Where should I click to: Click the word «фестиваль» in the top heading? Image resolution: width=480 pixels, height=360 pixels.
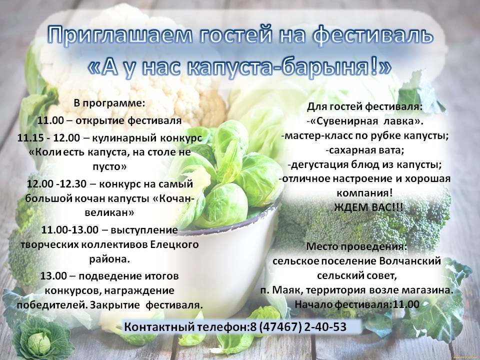point(373,35)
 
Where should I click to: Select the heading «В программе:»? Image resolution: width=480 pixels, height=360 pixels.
point(109,103)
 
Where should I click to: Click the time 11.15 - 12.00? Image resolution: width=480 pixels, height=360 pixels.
point(48,138)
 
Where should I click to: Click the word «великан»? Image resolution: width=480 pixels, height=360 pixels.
point(109,213)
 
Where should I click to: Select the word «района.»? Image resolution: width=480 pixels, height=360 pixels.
point(109,259)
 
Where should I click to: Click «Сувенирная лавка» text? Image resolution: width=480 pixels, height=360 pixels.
point(365,121)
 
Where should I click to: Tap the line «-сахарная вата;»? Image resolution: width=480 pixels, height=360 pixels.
point(365,150)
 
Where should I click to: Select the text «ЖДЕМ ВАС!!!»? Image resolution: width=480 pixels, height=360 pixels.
point(368,207)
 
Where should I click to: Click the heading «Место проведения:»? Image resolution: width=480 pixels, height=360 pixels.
point(357,246)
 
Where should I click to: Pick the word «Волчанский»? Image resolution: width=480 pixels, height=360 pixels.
point(410,261)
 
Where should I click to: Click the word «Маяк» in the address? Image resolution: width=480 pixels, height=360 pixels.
point(287,290)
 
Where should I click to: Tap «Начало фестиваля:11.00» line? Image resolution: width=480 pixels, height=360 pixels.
point(357,304)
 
